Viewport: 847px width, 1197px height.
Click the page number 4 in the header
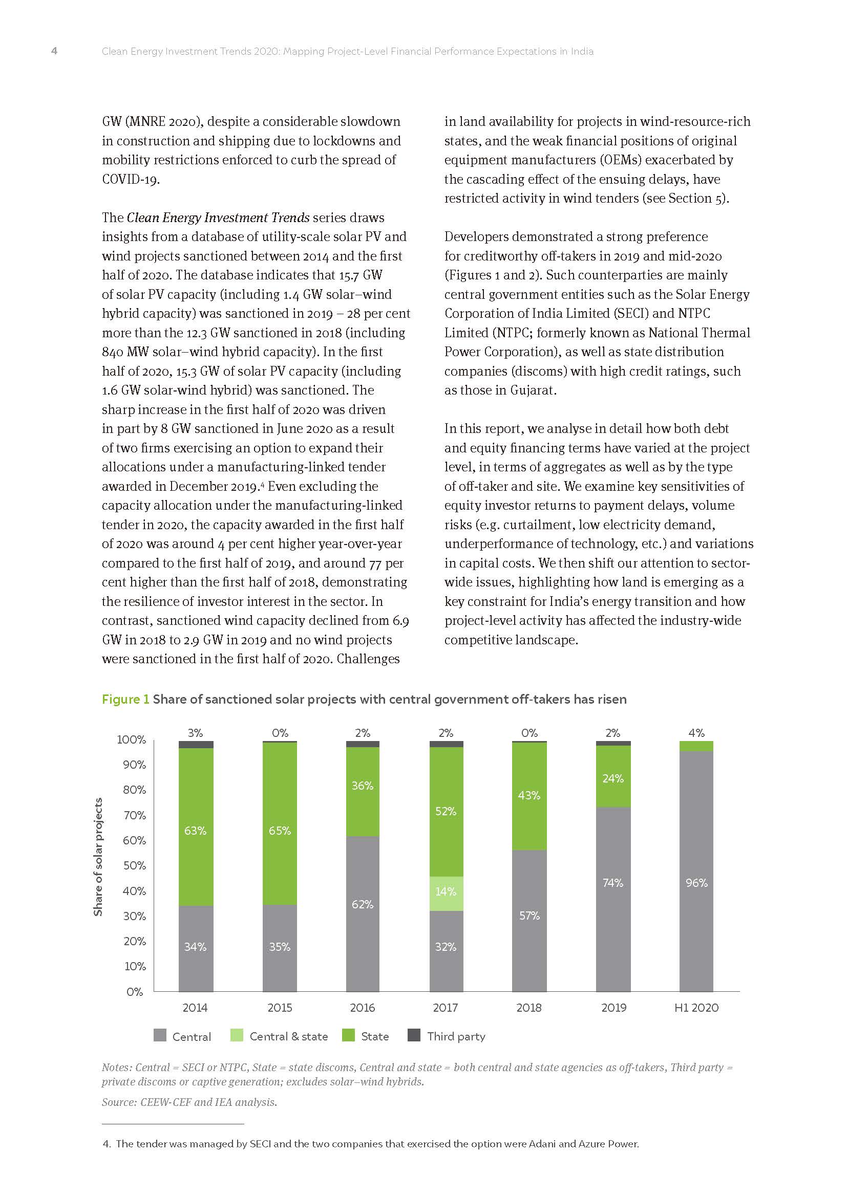[54, 51]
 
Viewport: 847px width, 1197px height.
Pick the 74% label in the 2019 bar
[613, 883]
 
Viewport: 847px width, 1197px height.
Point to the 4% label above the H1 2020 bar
[696, 732]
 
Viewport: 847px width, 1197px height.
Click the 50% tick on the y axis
[134, 865]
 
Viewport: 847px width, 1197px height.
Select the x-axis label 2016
[363, 1008]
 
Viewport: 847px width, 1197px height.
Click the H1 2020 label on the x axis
[696, 1008]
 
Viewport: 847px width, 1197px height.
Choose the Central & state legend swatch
[237, 1035]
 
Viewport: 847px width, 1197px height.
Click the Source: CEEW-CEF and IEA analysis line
[189, 1102]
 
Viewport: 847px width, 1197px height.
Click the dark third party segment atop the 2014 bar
[196, 745]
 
